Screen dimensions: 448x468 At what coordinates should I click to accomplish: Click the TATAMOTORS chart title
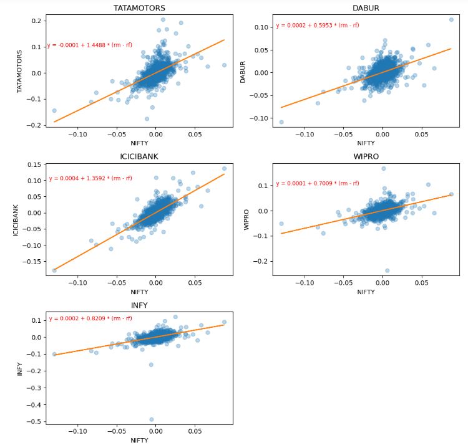pyautogui.click(x=139, y=7)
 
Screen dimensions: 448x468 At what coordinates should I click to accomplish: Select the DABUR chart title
pyautogui.click(x=366, y=7)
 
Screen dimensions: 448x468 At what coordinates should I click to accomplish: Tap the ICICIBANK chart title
pyautogui.click(x=139, y=156)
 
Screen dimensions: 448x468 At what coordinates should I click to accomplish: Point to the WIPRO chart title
pyautogui.click(x=366, y=156)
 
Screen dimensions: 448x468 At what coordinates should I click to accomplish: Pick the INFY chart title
pyautogui.click(x=139, y=305)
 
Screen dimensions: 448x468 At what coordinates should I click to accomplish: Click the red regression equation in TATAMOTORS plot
pyautogui.click(x=90, y=45)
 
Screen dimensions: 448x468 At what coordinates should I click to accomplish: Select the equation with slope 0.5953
pyautogui.click(x=318, y=26)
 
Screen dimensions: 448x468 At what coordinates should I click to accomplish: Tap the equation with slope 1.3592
pyautogui.click(x=90, y=178)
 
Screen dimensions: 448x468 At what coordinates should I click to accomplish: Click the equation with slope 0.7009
pyautogui.click(x=318, y=183)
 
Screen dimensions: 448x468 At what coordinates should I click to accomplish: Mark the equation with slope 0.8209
pyautogui.click(x=90, y=318)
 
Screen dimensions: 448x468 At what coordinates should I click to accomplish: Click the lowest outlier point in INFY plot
pyautogui.click(x=152, y=419)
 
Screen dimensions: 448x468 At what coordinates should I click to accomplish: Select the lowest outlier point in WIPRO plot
pyautogui.click(x=387, y=270)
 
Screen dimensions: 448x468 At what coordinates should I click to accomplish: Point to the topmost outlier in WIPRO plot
pyautogui.click(x=383, y=168)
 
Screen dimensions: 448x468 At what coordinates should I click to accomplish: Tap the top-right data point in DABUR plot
pyautogui.click(x=451, y=20)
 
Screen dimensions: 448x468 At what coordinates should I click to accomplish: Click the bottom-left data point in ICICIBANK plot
pyautogui.click(x=54, y=270)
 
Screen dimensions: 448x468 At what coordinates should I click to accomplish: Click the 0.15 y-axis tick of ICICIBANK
pyautogui.click(x=35, y=164)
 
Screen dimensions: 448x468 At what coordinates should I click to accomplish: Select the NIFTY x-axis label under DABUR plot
pyautogui.click(x=366, y=143)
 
